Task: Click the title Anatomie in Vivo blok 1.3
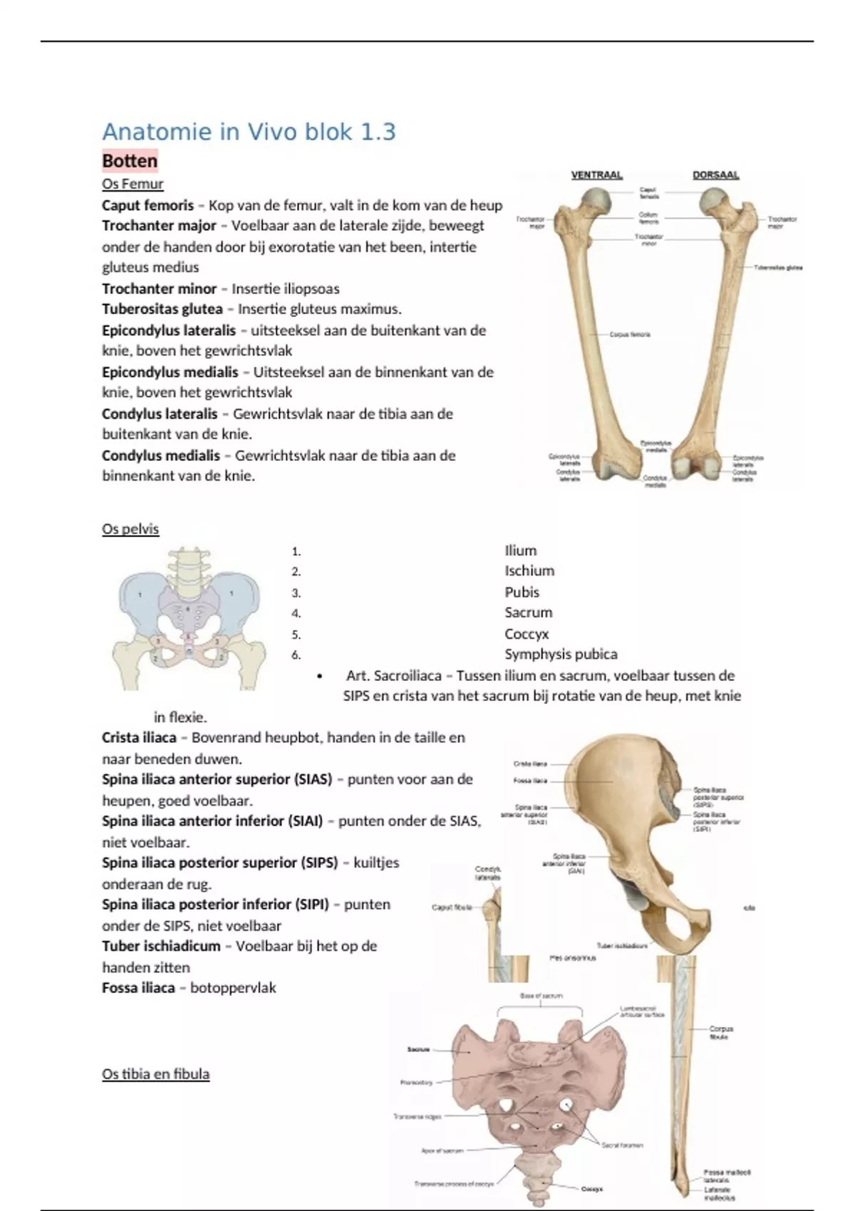point(249,132)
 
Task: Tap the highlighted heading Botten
point(130,161)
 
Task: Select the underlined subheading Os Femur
point(133,184)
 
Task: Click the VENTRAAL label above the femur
point(596,175)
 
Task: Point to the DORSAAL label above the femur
point(715,175)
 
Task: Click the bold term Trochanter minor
point(159,289)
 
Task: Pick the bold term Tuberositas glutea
point(162,309)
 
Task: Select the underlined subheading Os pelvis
point(130,529)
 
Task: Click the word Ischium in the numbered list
point(529,571)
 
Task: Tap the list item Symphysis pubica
point(561,654)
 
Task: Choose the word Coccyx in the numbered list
point(527,633)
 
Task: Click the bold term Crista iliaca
point(139,737)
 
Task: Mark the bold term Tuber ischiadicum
point(161,946)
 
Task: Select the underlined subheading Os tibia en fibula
point(155,1074)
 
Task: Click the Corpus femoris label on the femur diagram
point(630,334)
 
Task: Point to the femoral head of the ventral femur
point(596,203)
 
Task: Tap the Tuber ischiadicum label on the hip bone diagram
point(622,946)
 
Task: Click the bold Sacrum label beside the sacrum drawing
point(418,1049)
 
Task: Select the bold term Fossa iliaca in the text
point(138,987)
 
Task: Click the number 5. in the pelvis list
point(296,634)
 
